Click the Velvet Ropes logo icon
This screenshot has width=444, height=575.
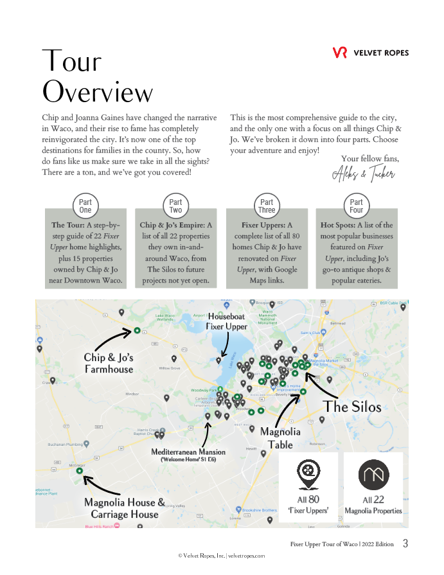tap(340, 53)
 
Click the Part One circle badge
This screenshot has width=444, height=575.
tap(85, 206)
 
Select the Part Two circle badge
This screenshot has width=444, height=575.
tap(176, 206)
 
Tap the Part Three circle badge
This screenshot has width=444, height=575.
tap(267, 206)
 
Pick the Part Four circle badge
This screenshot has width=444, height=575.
tap(357, 206)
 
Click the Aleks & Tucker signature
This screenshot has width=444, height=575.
tap(364, 173)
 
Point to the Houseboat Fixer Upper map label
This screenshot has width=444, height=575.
tap(226, 322)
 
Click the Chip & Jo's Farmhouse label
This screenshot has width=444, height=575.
tap(109, 363)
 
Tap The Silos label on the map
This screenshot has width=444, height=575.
tap(353, 407)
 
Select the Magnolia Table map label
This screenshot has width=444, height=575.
tap(280, 438)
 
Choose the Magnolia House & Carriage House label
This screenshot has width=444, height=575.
tap(124, 508)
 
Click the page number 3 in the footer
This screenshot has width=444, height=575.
tap(405, 544)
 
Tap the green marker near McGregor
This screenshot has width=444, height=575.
tap(79, 471)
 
